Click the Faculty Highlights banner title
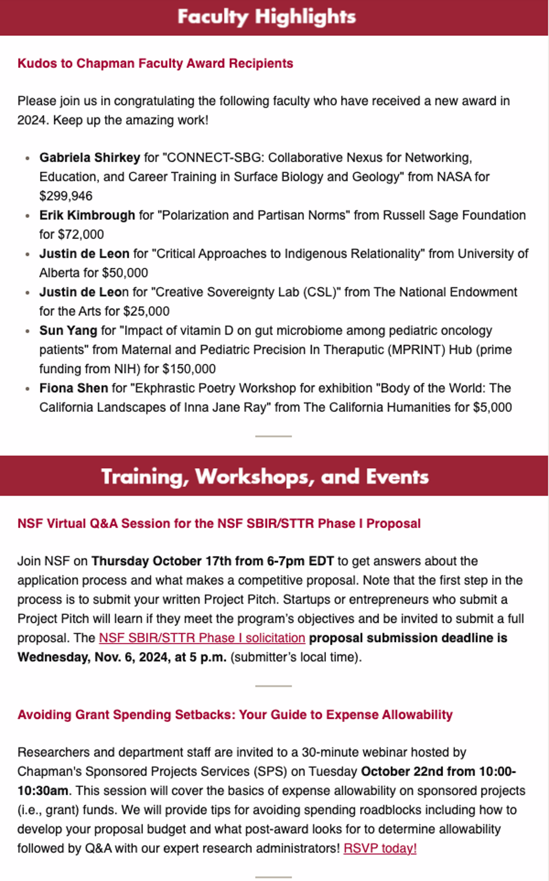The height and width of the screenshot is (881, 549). (x=266, y=17)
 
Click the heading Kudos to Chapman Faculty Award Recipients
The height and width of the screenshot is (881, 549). (x=155, y=63)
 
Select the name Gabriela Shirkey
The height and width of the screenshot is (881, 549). (x=90, y=158)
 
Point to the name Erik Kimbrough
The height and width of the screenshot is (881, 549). (x=87, y=215)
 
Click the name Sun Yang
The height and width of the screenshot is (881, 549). (x=68, y=331)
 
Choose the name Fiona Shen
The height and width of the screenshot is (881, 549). (x=74, y=388)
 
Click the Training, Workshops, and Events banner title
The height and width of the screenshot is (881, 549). (x=264, y=477)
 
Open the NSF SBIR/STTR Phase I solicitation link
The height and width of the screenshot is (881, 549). (x=202, y=638)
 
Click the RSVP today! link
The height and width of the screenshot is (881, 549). (x=380, y=848)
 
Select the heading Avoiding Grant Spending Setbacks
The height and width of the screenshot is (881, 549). (x=235, y=715)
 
